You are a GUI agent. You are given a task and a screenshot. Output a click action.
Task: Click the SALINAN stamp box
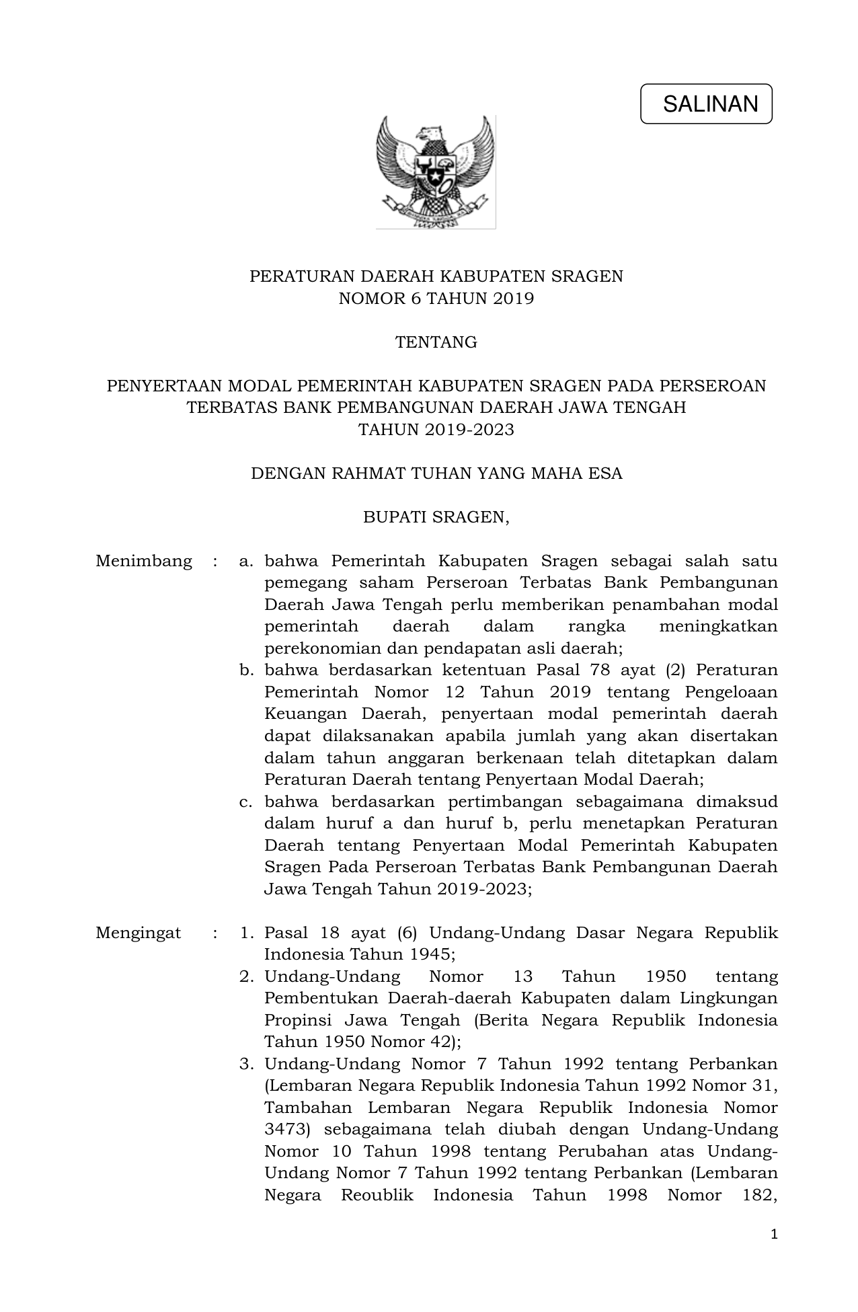[x=706, y=104]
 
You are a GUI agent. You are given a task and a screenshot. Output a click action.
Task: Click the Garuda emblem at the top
[x=436, y=172]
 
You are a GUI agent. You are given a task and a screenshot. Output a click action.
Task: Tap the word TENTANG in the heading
[x=436, y=342]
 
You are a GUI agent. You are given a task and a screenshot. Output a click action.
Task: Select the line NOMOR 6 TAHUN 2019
[x=436, y=299]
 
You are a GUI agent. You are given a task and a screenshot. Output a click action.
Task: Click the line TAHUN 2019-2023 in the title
[x=436, y=430]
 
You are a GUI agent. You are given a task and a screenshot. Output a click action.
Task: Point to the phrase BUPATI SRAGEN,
[x=436, y=517]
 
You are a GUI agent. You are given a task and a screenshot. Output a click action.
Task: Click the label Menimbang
[x=144, y=561]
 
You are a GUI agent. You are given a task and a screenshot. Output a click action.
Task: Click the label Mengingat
[x=139, y=933]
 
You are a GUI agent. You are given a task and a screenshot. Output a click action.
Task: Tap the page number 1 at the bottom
[x=774, y=1234]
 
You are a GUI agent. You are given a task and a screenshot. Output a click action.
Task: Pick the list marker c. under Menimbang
[x=245, y=802]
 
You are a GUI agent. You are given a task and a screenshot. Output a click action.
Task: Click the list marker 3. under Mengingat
[x=246, y=1064]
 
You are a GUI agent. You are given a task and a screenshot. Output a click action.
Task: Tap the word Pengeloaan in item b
[x=730, y=692]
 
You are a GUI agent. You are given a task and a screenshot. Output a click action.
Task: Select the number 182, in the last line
[x=756, y=1195]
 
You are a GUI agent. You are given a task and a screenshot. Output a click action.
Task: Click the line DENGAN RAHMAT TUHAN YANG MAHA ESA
[x=436, y=473]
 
